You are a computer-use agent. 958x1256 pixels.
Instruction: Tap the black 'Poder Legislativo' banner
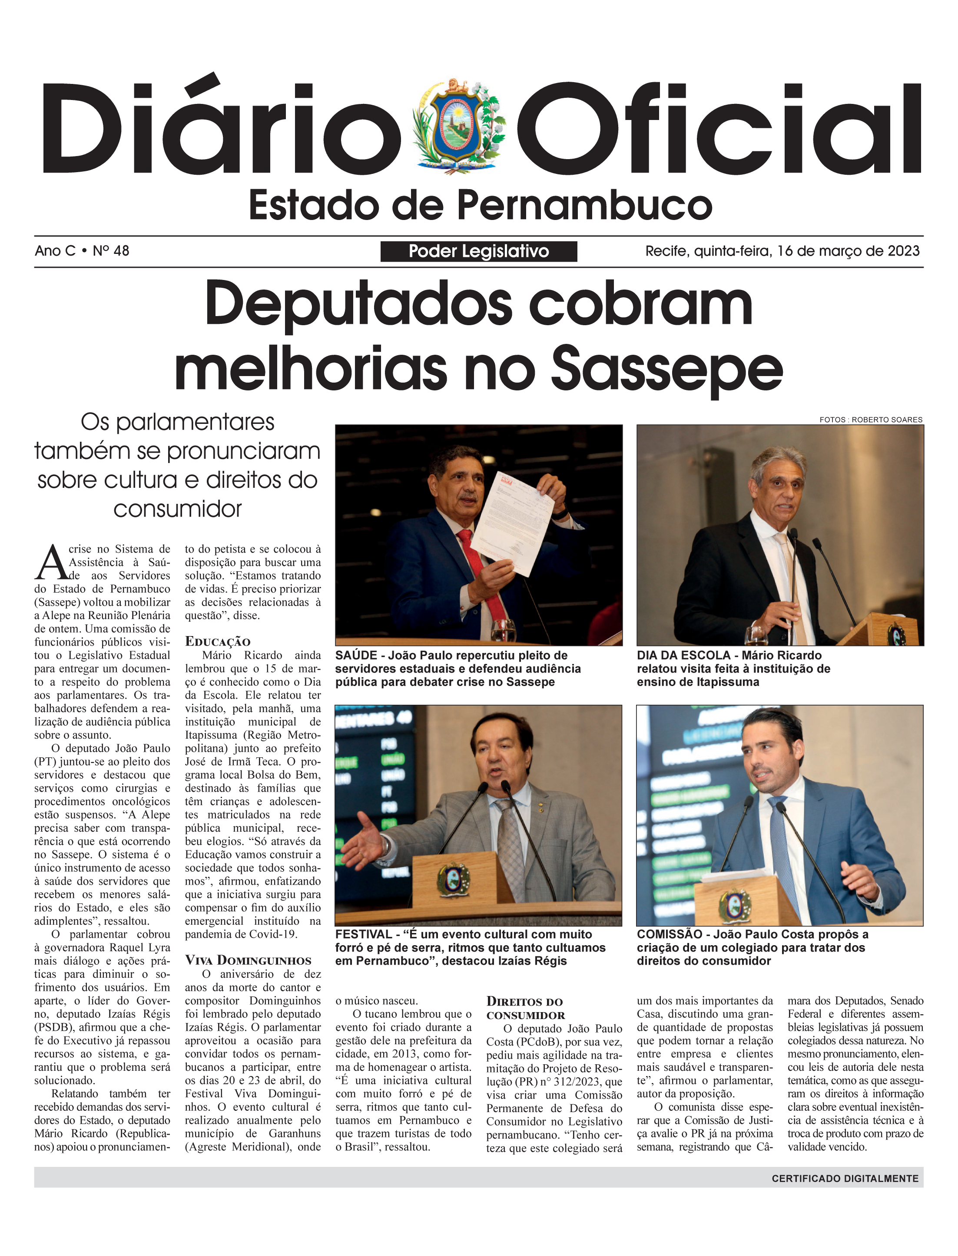(478, 251)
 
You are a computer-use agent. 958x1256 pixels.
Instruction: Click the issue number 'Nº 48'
(111, 251)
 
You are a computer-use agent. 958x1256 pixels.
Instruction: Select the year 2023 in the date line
(903, 251)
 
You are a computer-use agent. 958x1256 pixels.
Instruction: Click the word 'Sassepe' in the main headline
(667, 370)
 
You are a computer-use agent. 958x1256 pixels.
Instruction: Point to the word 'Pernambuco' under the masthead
(584, 206)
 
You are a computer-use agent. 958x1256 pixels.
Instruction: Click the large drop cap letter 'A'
(51, 563)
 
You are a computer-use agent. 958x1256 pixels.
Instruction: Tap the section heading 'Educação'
(217, 641)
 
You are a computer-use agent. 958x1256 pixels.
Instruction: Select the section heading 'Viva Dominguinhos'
(248, 960)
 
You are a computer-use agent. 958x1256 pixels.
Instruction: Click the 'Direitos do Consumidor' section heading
(525, 1008)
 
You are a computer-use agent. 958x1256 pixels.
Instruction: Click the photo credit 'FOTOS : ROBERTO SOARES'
(871, 420)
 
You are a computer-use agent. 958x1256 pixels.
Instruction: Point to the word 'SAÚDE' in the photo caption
(356, 655)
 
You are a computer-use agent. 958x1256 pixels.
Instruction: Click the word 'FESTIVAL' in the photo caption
(363, 934)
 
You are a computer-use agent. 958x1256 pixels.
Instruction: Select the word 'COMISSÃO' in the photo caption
(670, 934)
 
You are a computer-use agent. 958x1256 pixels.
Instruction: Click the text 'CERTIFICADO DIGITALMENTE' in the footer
(845, 1178)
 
